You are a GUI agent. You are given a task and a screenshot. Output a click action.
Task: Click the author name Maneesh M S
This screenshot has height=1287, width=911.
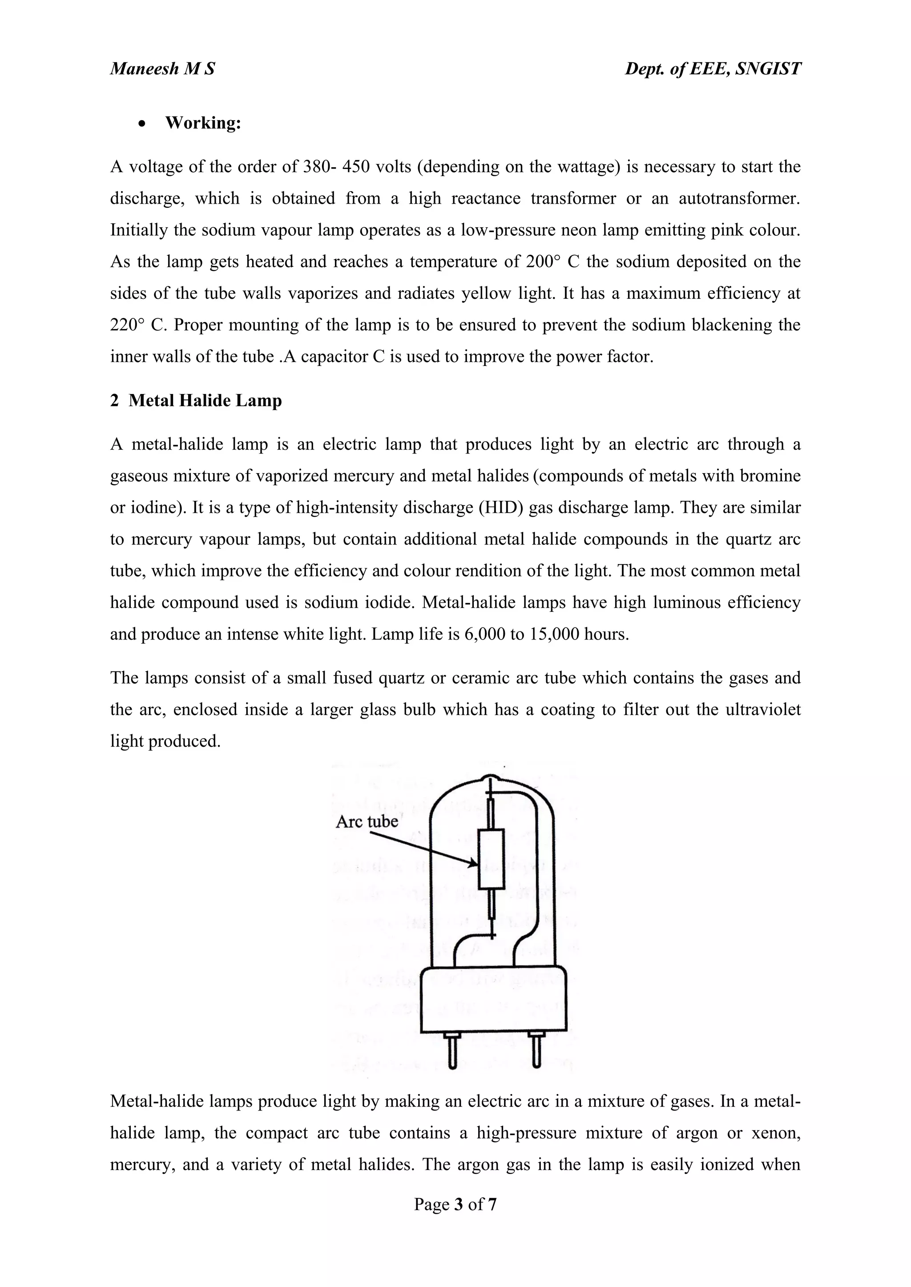coord(163,68)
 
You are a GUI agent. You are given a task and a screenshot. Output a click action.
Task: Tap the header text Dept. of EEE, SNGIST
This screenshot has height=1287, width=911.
coord(713,68)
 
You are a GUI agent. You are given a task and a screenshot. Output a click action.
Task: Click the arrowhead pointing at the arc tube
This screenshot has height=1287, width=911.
coord(472,864)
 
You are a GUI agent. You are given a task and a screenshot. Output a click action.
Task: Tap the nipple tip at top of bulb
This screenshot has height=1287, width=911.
coord(492,778)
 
